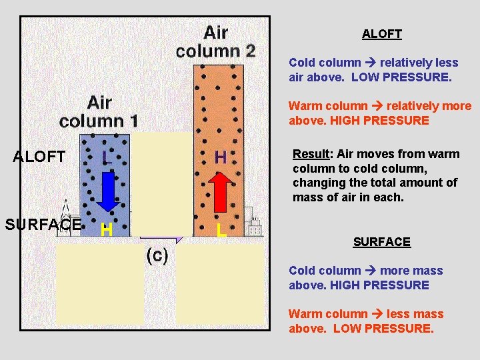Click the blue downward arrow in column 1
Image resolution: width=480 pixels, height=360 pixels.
coord(106,191)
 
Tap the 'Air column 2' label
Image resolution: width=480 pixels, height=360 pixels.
coord(215,41)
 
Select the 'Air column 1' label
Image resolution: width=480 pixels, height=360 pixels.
coord(99,111)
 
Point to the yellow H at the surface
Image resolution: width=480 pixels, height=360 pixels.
coord(105,231)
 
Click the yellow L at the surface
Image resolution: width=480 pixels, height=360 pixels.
coord(221,231)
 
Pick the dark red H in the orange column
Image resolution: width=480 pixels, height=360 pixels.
coord(221,157)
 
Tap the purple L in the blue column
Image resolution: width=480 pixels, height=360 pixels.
coord(105,157)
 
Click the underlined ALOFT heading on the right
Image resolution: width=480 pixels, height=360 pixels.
coord(381,33)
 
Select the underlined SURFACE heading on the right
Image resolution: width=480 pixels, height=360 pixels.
coord(381,242)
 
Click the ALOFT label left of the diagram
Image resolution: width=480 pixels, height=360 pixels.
coord(39,157)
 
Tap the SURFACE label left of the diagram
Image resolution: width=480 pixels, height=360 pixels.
coord(43,224)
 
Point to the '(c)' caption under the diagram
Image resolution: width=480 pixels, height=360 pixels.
coord(157,255)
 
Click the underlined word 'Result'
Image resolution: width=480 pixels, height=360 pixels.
coord(311,154)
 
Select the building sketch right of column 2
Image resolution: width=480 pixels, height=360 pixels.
coord(253,222)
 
